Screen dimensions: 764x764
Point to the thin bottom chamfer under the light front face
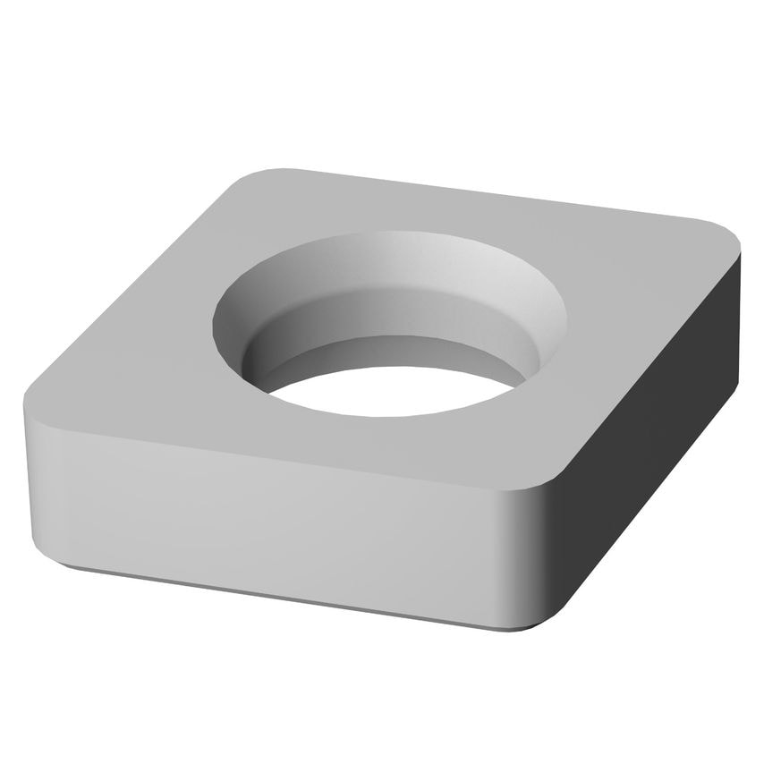pos(268,591)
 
